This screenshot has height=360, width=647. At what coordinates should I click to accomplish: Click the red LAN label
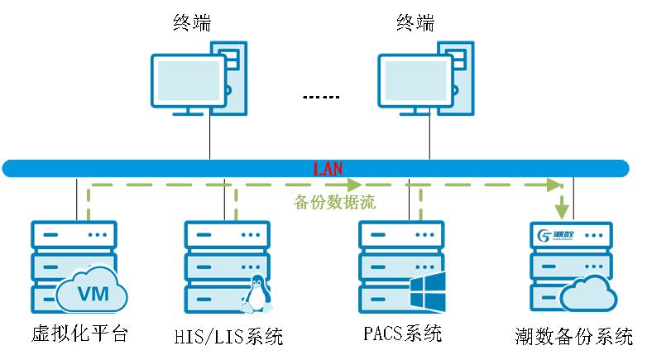(327, 169)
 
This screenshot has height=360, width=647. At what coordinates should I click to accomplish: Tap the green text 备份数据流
(334, 202)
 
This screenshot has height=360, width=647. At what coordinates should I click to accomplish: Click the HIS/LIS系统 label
(229, 337)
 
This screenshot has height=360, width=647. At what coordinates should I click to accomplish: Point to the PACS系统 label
(402, 334)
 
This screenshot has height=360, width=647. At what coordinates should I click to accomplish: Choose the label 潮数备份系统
(572, 337)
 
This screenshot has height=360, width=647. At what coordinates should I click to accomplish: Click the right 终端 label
(415, 22)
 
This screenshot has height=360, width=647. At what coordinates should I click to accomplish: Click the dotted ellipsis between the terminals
(320, 98)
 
